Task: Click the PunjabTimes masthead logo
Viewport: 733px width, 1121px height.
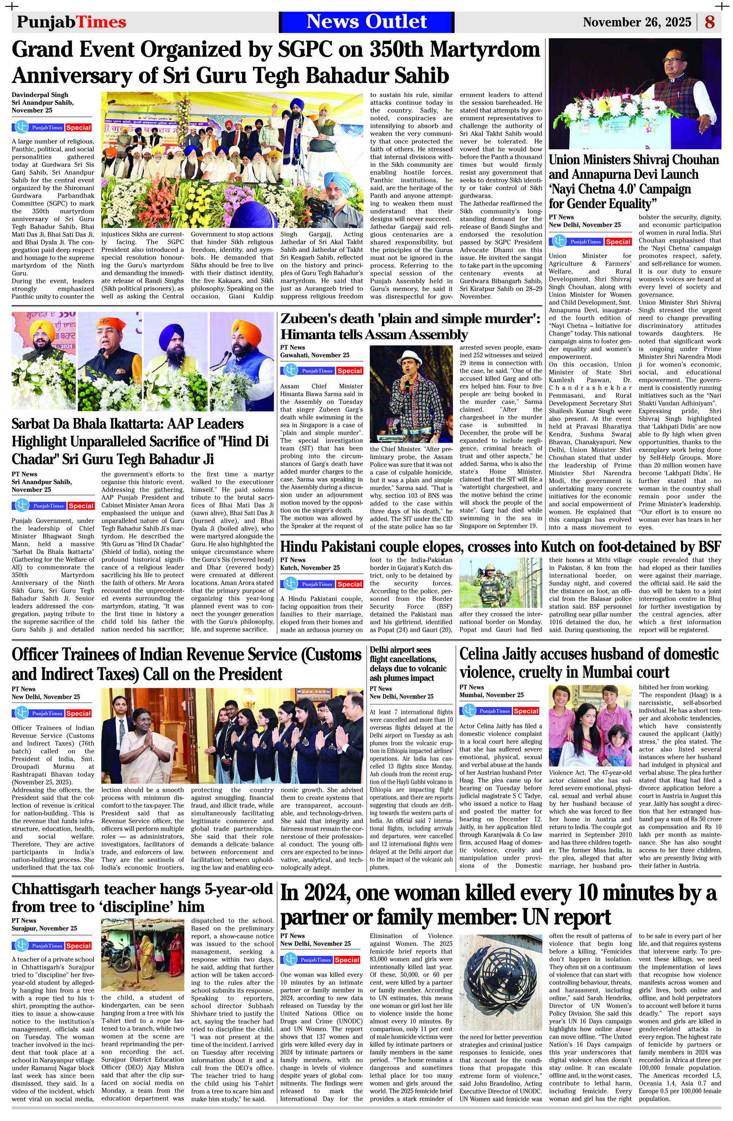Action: click(x=71, y=22)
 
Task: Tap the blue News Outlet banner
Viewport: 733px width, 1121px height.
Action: click(x=366, y=22)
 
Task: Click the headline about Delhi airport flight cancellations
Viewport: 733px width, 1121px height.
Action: click(x=408, y=664)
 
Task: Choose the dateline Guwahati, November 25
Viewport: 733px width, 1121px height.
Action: click(x=315, y=355)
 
